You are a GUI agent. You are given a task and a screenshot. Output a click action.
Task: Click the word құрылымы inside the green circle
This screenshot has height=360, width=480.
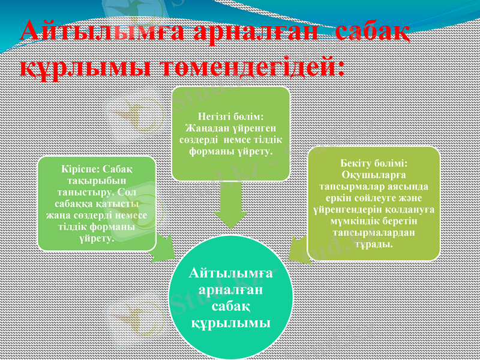click(x=230, y=323)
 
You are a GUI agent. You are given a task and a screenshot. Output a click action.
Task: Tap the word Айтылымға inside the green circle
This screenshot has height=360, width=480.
click(x=230, y=274)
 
